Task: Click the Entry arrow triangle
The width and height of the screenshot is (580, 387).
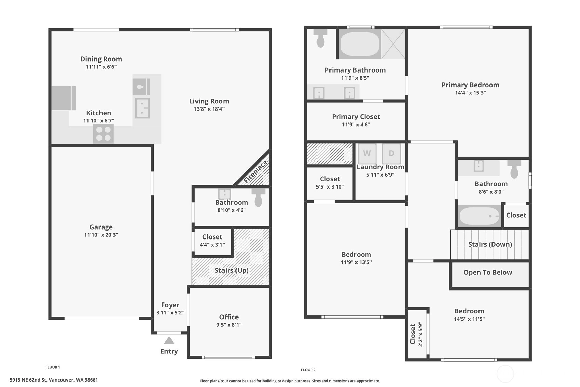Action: (x=169, y=340)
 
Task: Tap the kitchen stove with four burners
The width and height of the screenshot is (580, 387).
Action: (x=103, y=134)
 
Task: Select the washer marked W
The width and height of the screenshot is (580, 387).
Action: (x=367, y=153)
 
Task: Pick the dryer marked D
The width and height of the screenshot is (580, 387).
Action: (x=391, y=153)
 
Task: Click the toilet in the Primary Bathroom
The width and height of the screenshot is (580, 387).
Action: (x=321, y=38)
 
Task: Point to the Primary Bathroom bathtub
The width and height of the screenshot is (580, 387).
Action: (x=360, y=44)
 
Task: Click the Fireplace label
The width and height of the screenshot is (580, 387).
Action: (x=255, y=171)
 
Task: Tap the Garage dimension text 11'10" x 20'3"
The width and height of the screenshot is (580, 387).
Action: (x=101, y=235)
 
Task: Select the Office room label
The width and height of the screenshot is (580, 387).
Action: (x=229, y=317)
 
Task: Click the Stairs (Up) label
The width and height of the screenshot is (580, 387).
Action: (x=231, y=270)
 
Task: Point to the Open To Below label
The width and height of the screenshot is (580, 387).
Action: (x=488, y=272)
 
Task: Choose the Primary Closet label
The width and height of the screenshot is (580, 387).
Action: (x=356, y=117)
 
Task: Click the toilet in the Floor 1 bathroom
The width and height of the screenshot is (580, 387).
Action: (x=258, y=197)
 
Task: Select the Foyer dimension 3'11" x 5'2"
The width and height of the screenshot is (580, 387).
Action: (x=170, y=313)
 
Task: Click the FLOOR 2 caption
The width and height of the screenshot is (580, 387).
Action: (x=308, y=370)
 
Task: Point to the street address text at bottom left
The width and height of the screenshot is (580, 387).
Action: (x=54, y=380)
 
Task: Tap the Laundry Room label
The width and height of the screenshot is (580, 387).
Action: (x=380, y=167)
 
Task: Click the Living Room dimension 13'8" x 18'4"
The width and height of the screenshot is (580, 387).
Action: (x=209, y=109)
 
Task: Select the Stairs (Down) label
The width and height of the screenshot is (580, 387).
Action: (x=490, y=244)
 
